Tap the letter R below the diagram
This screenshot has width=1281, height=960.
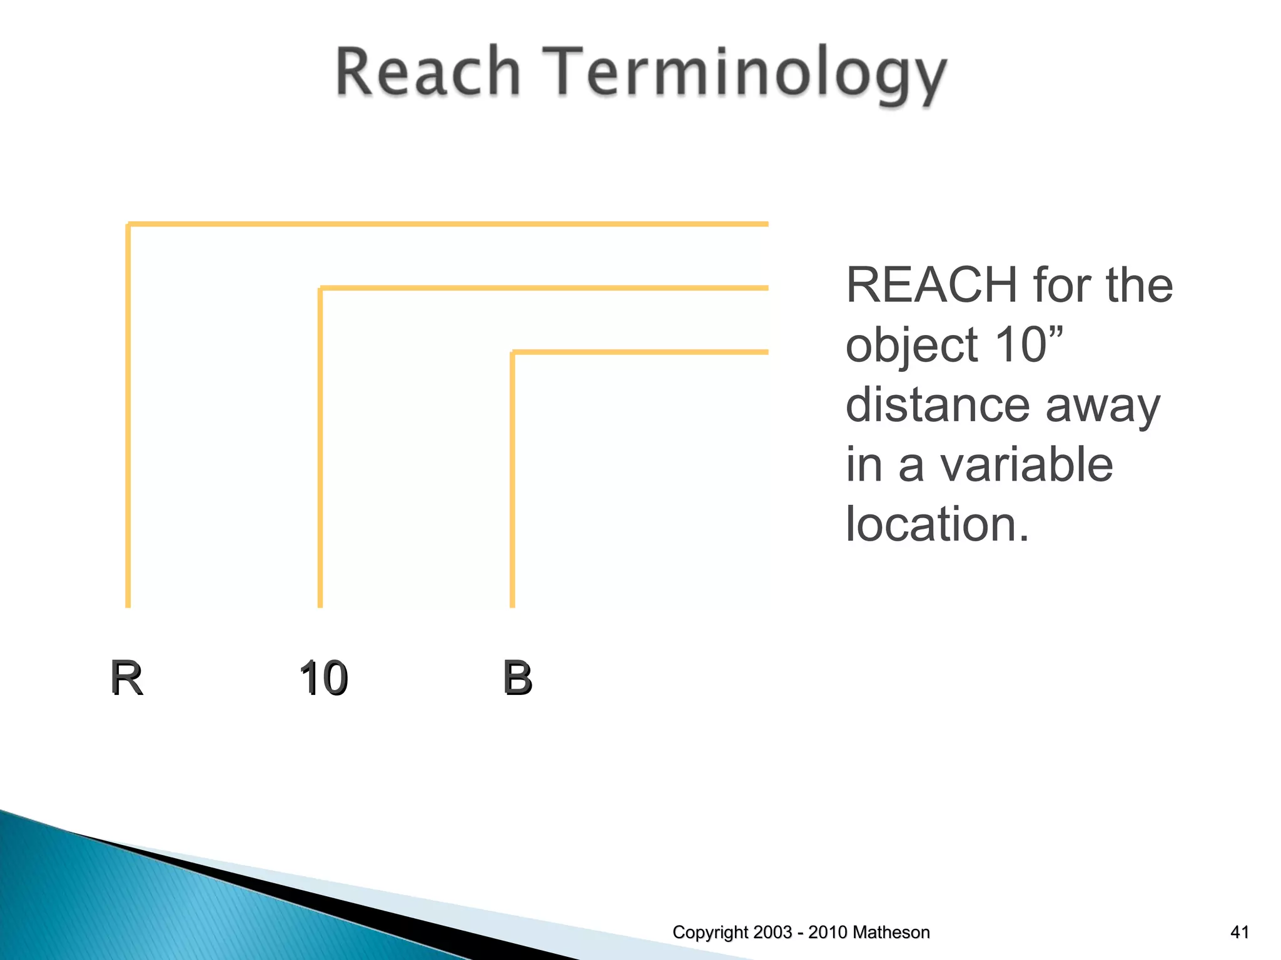[x=126, y=677]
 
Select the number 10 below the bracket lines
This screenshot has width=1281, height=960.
[x=323, y=678]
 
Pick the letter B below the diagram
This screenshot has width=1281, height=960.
[x=517, y=677]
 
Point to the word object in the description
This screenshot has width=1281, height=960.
[x=911, y=346]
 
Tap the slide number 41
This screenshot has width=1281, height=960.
[x=1239, y=932]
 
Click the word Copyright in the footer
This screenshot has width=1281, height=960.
[x=710, y=932]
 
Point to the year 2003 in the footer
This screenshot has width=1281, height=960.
[x=772, y=932]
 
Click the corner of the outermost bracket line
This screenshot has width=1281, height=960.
[x=129, y=224]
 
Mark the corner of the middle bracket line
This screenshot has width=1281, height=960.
[x=321, y=289]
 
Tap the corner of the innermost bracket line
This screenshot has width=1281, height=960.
[x=513, y=352]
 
